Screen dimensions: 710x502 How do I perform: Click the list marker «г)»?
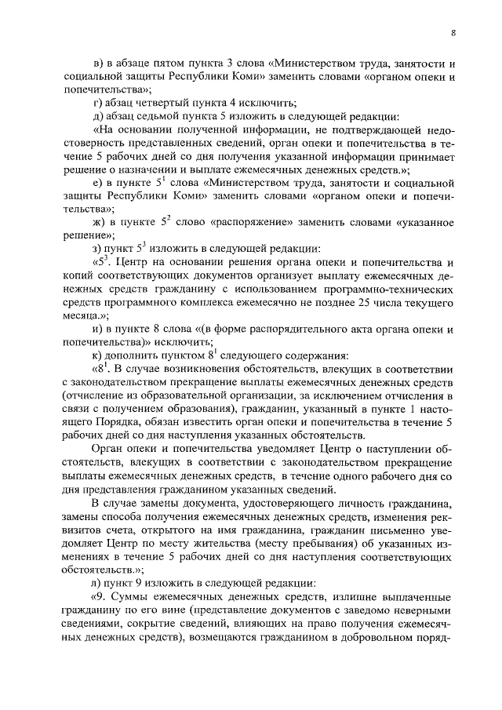coord(97,103)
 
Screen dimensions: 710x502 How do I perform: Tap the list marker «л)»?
coord(98,583)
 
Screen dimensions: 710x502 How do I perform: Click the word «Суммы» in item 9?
coord(133,598)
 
